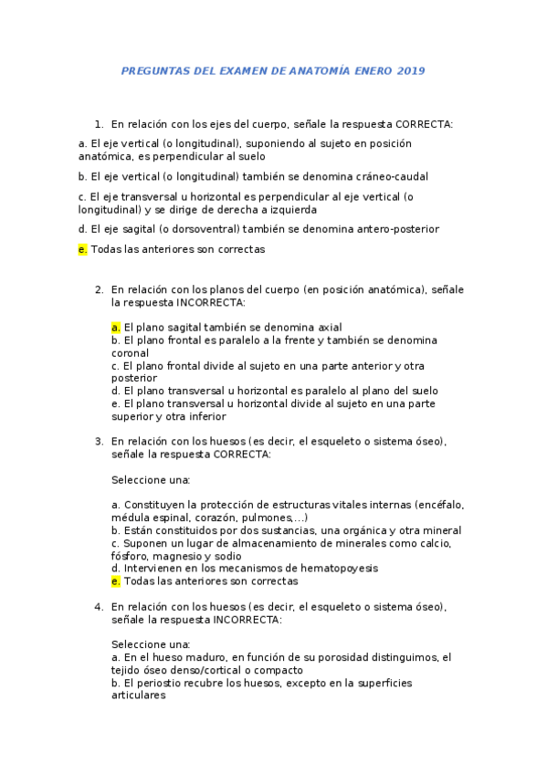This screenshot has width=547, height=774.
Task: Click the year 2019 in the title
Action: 410,70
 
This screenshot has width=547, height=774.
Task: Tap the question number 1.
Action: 98,124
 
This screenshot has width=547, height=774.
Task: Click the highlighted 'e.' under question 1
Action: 83,248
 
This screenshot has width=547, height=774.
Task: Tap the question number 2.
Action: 98,289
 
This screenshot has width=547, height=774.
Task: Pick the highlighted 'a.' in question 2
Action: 116,327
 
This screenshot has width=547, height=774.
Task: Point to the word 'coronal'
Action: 131,352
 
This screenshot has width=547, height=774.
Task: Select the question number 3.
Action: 98,441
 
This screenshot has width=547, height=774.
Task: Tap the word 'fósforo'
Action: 131,555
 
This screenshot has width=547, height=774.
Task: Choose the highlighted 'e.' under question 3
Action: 116,580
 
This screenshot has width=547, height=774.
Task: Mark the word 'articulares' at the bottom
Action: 139,695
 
